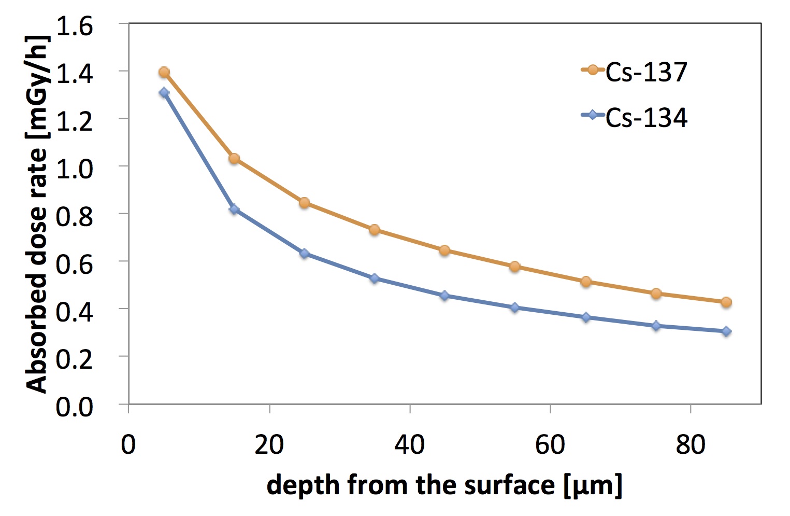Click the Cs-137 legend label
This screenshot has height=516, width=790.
point(646,72)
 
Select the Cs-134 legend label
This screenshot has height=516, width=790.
point(646,118)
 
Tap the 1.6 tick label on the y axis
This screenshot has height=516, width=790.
point(75,25)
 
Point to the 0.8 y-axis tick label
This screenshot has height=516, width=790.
point(75,216)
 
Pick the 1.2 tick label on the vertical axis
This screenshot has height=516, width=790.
point(75,121)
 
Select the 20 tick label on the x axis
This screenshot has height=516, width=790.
point(269,444)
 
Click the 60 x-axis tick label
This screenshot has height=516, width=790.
point(550,444)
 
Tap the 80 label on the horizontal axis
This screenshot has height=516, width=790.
point(691,444)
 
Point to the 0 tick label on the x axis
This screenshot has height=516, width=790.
point(128,444)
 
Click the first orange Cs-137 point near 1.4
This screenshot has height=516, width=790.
point(164,72)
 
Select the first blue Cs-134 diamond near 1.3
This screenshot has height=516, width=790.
point(164,93)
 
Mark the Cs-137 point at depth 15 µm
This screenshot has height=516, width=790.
point(234,158)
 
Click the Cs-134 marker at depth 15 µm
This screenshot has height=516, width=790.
point(234,209)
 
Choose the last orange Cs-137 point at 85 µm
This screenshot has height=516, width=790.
point(726,302)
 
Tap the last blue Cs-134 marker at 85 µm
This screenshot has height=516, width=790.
point(726,331)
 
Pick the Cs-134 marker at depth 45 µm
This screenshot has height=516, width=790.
point(444,296)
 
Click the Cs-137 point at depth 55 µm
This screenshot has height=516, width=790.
point(515,267)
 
